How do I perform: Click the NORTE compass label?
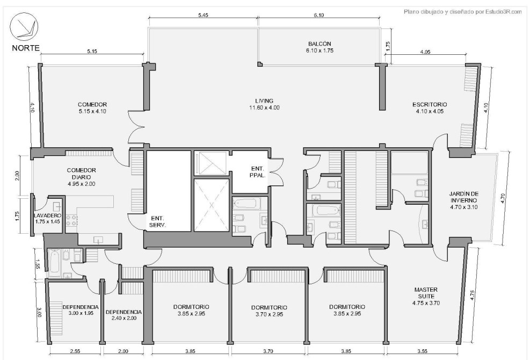pyautogui.click(x=26, y=48)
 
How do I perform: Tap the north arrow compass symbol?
pyautogui.click(x=24, y=27)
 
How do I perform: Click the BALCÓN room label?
pyautogui.click(x=320, y=47)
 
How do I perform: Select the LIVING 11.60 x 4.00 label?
pyautogui.click(x=264, y=104)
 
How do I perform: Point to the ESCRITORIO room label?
pyautogui.click(x=429, y=108)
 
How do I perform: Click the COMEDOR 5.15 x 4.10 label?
pyautogui.click(x=92, y=108)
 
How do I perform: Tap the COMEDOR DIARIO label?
pyautogui.click(x=81, y=174)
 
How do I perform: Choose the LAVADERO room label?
pyautogui.click(x=48, y=215)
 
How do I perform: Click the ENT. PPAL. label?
pyautogui.click(x=258, y=172)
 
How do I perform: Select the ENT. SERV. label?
pyautogui.click(x=157, y=221)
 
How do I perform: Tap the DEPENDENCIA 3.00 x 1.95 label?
pyautogui.click(x=81, y=310)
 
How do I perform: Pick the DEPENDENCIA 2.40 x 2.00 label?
pyautogui.click(x=124, y=315)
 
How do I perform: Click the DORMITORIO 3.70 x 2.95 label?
pyautogui.click(x=269, y=311)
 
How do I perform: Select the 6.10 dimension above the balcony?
pyautogui.click(x=318, y=15)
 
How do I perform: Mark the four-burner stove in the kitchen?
pyautogui.click(x=71, y=220)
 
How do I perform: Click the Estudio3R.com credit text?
pyautogui.click(x=463, y=12)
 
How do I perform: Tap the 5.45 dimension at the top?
pyautogui.click(x=204, y=15)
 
